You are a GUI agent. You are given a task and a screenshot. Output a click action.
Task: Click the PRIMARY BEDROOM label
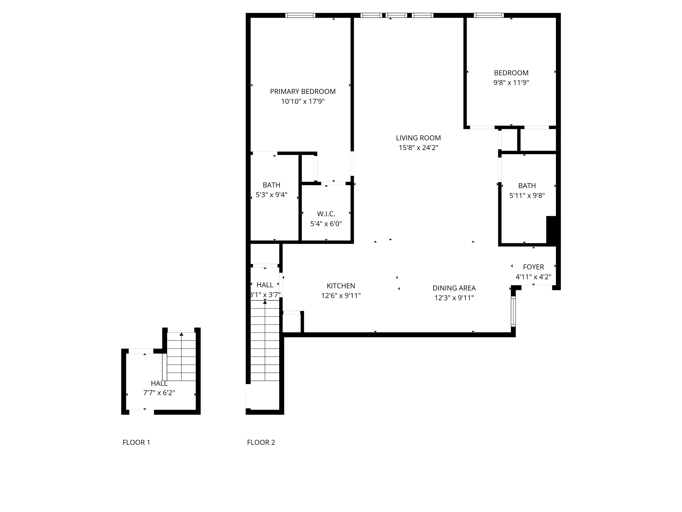303,92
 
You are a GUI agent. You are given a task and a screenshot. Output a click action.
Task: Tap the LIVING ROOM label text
418,138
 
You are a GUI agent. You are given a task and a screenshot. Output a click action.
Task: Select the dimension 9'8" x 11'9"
511,83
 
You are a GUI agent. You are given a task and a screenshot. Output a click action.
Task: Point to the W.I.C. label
326,214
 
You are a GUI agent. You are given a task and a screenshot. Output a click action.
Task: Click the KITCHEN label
341,286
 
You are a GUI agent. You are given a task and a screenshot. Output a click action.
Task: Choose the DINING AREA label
454,288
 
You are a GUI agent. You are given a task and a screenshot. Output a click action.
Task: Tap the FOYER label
533,267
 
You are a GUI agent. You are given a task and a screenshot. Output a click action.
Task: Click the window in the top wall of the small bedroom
489,15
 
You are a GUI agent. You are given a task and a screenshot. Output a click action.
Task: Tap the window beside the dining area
513,311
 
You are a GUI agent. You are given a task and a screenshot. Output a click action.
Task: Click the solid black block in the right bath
551,230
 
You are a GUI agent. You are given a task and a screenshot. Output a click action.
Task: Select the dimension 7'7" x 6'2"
159,393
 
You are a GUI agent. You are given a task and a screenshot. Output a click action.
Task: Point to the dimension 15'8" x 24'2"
418,148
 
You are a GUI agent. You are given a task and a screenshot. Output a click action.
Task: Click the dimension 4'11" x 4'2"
533,277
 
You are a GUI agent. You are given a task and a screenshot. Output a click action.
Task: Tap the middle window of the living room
396,15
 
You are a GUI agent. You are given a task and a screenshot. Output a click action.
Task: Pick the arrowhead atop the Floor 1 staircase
181,334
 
